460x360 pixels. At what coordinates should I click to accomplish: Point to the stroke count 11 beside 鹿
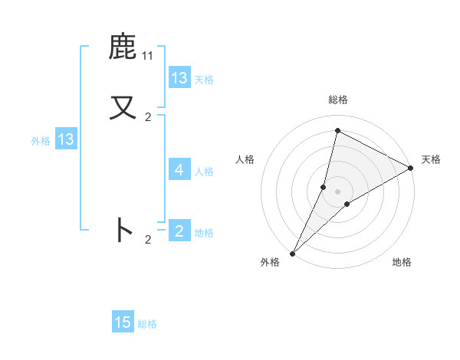pyautogui.click(x=148, y=56)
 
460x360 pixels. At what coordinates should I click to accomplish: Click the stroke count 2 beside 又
pyautogui.click(x=148, y=117)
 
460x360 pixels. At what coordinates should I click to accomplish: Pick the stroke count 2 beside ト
pyautogui.click(x=148, y=240)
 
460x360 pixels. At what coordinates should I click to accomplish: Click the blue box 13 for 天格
pyautogui.click(x=179, y=78)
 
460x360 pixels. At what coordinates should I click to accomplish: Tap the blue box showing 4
pyautogui.click(x=179, y=170)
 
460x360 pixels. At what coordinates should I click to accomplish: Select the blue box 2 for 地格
pyautogui.click(x=179, y=231)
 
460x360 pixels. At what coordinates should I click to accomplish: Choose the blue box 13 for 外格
pyautogui.click(x=66, y=140)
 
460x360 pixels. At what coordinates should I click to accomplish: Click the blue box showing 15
pyautogui.click(x=123, y=322)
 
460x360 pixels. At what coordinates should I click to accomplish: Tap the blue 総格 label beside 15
pyautogui.click(x=148, y=324)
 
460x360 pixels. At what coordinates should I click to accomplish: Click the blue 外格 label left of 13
pyautogui.click(x=41, y=141)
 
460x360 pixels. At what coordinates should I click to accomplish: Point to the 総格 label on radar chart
pyautogui.click(x=337, y=100)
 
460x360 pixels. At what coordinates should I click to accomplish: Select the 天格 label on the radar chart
pyautogui.click(x=431, y=159)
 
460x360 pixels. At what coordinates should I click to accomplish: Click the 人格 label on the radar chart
pyautogui.click(x=245, y=159)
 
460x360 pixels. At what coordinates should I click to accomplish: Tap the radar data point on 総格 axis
pyautogui.click(x=337, y=130)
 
